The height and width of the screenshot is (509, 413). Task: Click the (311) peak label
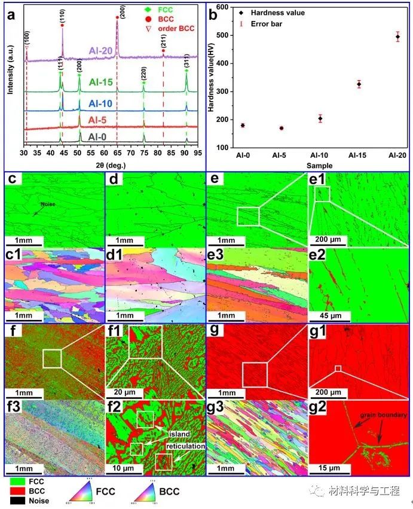tap(186, 62)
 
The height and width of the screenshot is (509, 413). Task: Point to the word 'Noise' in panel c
tap(48, 203)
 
